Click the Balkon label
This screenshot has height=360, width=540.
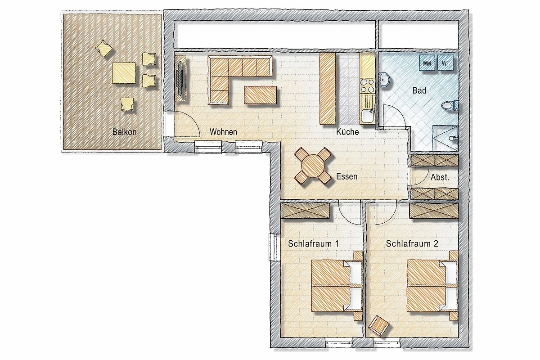(124, 132)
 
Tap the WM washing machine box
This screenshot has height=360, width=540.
(427, 63)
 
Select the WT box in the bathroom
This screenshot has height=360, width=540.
(445, 63)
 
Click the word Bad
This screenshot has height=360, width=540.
(419, 90)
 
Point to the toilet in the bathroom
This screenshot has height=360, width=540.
(449, 106)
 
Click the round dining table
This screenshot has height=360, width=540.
(313, 166)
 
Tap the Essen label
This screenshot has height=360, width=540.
(346, 176)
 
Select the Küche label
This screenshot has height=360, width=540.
(347, 132)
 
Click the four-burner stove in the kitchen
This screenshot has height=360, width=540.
(367, 86)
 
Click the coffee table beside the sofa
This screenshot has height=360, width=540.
(260, 95)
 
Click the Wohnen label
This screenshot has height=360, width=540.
(223, 132)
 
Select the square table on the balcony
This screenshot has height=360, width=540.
(124, 73)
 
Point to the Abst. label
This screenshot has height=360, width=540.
(440, 177)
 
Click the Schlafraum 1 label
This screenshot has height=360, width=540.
(313, 243)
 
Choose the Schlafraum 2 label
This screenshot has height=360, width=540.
(412, 243)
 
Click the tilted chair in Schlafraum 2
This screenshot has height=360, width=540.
(379, 325)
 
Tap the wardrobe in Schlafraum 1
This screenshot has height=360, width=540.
(306, 211)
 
